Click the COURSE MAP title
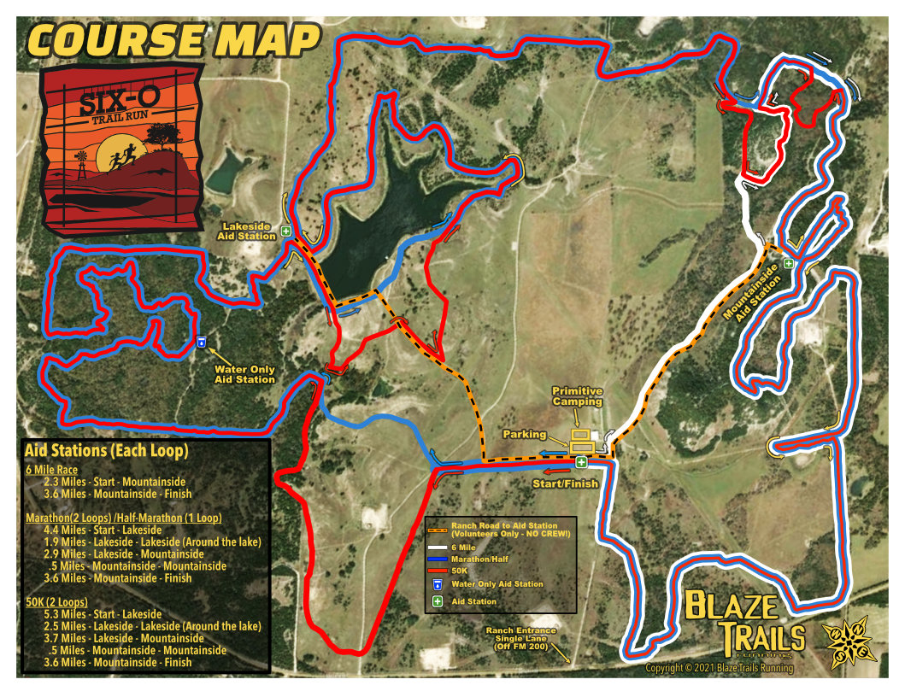click(173, 39)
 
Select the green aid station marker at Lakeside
click(287, 231)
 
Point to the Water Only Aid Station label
click(244, 374)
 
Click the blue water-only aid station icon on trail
click(202, 343)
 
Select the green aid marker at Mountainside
click(789, 264)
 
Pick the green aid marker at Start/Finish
click(581, 463)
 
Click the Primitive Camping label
click(578, 395)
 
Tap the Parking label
click(524, 435)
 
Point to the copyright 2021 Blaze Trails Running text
click(719, 668)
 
